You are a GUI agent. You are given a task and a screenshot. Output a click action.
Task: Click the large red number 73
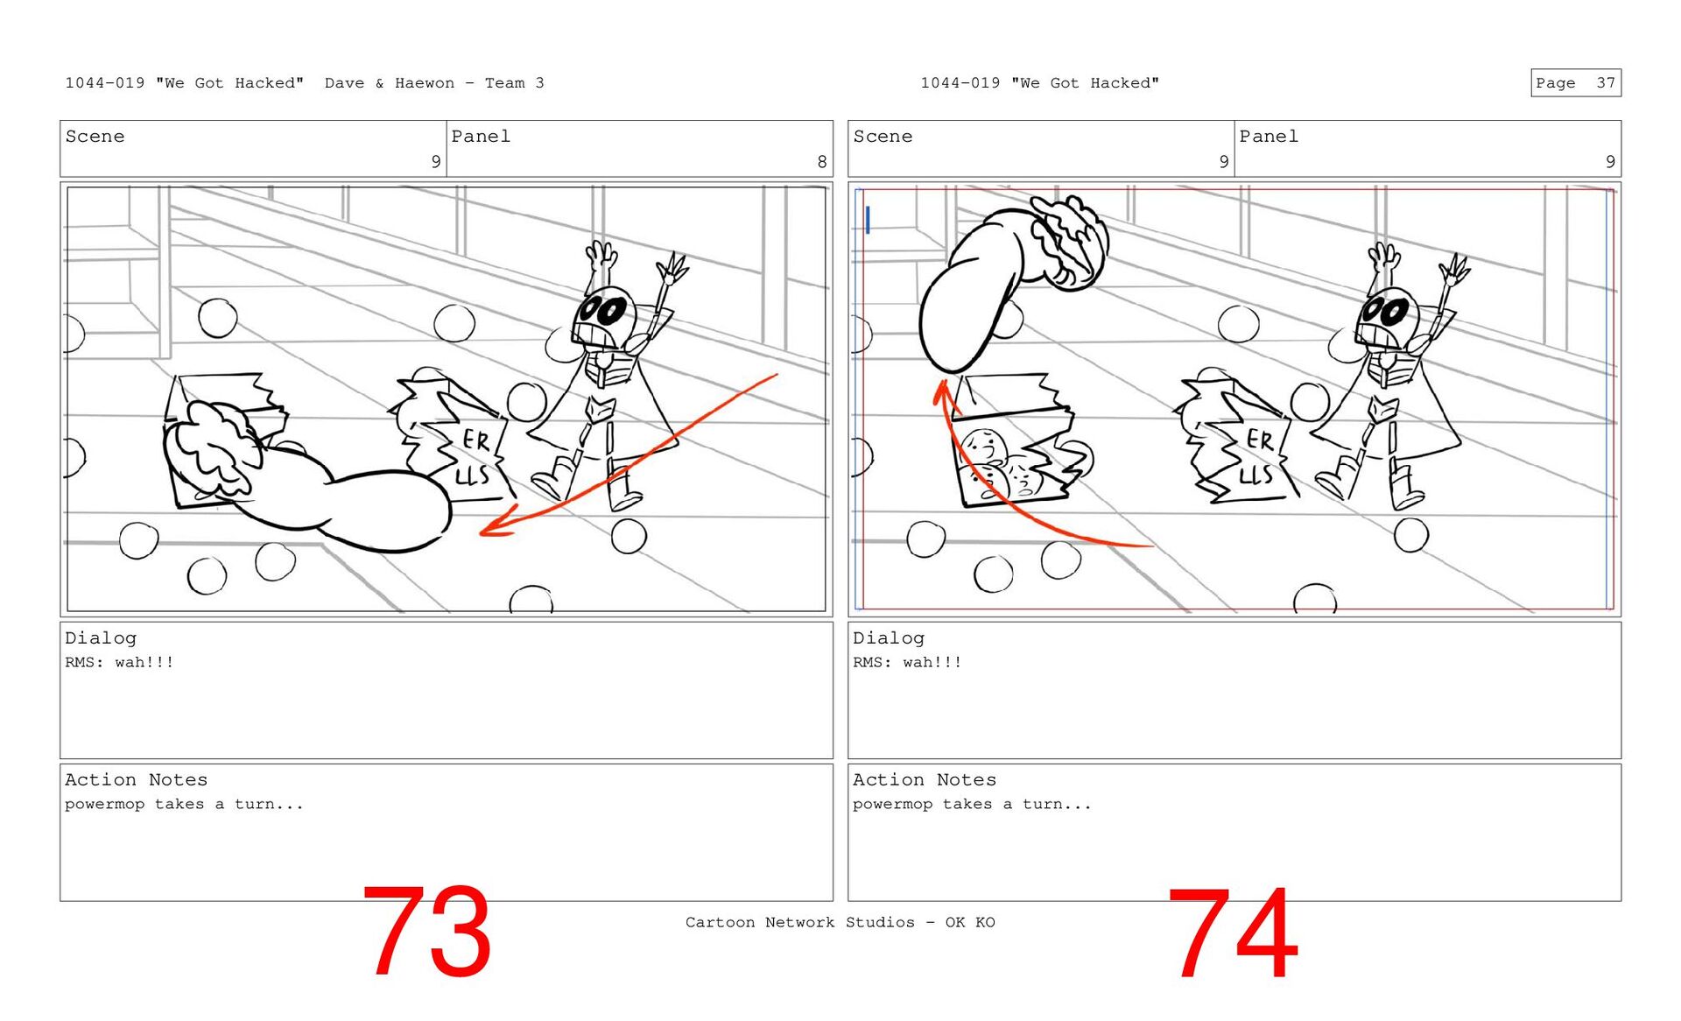[426, 931]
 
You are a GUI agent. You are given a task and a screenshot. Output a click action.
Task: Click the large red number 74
[1233, 933]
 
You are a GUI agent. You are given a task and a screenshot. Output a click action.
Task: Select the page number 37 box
[1576, 82]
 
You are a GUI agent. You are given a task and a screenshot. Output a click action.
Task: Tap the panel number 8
[821, 161]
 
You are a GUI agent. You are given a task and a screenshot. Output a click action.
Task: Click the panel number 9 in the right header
[1610, 161]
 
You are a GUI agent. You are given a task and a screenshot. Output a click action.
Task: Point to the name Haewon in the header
[425, 83]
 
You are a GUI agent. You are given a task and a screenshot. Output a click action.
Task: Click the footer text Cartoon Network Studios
[800, 922]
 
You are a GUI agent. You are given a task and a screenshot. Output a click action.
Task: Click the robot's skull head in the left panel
[603, 319]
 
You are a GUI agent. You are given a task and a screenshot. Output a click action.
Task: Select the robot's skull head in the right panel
[1387, 319]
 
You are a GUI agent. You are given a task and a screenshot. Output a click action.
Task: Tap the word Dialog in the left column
[101, 638]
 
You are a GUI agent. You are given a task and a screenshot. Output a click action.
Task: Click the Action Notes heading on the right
[925, 779]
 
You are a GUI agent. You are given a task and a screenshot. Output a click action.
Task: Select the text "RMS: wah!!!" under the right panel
[907, 662]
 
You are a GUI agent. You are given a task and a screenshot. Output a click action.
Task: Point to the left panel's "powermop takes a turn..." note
[184, 804]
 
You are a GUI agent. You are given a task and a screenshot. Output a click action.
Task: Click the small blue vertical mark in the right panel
[868, 220]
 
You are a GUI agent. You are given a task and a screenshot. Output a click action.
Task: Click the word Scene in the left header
[95, 137]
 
